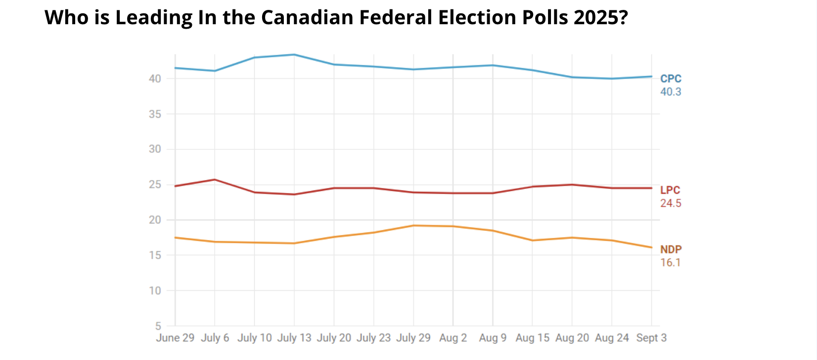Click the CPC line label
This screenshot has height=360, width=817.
tap(671, 79)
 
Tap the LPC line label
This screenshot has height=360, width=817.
tap(670, 190)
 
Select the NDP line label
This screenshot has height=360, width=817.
tap(671, 250)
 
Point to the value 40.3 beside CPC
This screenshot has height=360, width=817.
tap(671, 92)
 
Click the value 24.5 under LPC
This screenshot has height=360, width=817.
tap(671, 203)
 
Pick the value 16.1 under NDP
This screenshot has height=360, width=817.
tap(671, 263)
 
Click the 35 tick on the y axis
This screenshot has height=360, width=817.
tap(155, 114)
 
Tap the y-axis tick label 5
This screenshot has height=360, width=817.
tap(158, 326)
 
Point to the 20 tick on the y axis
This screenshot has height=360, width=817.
tap(155, 220)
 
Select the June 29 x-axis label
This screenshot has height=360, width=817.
tap(175, 338)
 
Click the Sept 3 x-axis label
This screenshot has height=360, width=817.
tap(651, 338)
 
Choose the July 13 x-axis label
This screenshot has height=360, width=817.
tap(294, 338)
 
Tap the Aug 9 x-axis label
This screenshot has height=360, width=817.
tap(493, 338)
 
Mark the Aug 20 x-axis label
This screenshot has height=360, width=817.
tap(572, 338)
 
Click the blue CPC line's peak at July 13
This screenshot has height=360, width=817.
tap(294, 54)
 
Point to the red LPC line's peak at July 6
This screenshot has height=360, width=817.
tap(215, 180)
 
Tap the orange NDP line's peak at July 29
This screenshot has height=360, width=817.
tap(413, 225)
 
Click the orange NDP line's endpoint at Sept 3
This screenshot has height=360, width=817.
tap(651, 247)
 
